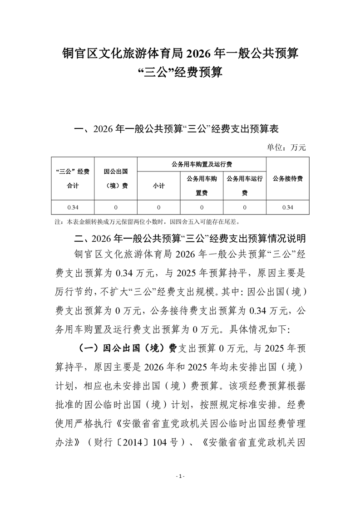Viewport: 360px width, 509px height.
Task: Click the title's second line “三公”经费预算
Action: coord(180,72)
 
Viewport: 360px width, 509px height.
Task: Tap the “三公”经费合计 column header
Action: coord(72,178)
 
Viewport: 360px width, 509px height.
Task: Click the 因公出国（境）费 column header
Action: coord(115,178)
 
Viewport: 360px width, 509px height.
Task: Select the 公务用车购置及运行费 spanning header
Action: coord(202,164)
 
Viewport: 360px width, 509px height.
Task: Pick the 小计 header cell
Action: coord(158,186)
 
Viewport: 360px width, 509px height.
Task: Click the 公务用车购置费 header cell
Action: coord(202,186)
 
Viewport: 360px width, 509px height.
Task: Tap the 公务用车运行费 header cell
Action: coord(245,186)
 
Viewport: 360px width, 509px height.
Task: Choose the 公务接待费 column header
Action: coord(288,178)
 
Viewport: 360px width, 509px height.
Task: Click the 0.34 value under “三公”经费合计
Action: coord(72,207)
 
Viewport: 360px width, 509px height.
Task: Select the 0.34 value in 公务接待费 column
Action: coord(288,207)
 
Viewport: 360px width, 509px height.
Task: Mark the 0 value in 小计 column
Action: coord(158,207)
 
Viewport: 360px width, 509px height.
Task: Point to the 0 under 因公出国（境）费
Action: coord(115,207)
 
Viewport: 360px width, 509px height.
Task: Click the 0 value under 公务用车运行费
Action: coord(245,207)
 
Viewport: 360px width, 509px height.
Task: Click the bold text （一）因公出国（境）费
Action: coord(128,348)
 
